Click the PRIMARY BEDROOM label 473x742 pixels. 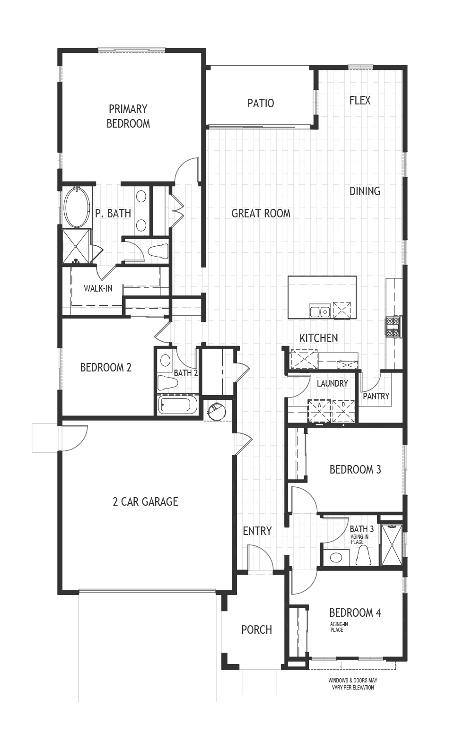128,116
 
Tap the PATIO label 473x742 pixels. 260,103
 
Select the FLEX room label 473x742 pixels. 360,100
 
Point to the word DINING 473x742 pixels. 365,191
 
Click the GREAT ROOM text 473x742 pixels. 261,213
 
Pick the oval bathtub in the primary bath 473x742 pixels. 76,207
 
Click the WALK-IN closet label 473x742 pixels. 98,288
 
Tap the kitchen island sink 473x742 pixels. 319,311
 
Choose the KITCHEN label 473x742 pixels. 319,338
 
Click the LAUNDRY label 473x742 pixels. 332,383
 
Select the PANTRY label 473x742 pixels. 376,396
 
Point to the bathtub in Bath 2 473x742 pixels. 177,405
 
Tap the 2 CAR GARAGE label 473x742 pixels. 145,501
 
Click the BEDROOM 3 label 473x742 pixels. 355,469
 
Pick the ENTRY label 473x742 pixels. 257,531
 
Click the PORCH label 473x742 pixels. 256,630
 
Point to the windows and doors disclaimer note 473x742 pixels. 353,684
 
